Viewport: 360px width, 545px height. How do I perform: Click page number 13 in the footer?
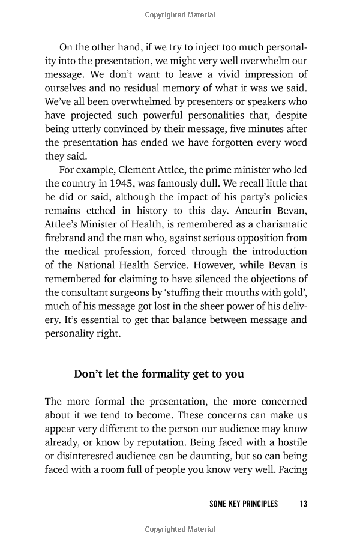303,504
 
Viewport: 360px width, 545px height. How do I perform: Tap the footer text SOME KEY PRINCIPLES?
244,504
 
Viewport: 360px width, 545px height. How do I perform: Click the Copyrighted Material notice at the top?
179,14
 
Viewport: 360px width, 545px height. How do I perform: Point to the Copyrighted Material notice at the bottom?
179,529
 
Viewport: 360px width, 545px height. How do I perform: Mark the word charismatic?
280,224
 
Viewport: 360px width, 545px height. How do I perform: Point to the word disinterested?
85,456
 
